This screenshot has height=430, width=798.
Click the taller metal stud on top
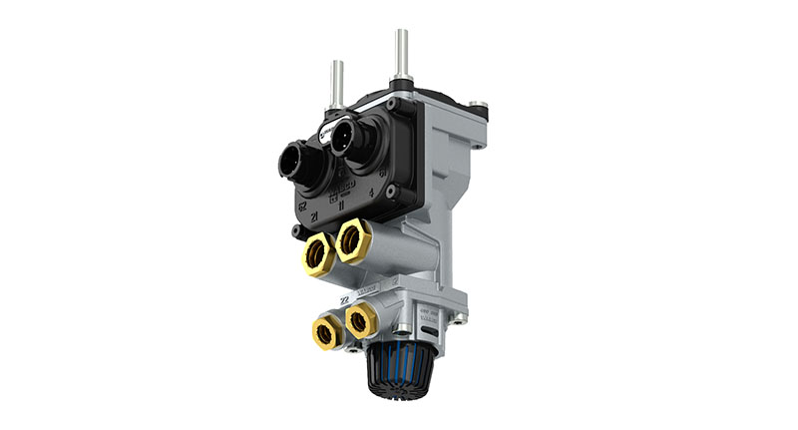pyautogui.click(x=401, y=55)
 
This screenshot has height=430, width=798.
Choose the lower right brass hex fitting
pyautogui.click(x=360, y=319)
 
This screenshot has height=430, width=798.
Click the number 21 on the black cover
pyautogui.click(x=313, y=215)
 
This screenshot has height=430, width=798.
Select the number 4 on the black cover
pyautogui.click(x=371, y=192)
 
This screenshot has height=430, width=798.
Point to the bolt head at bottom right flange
pyautogui.click(x=460, y=319)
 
